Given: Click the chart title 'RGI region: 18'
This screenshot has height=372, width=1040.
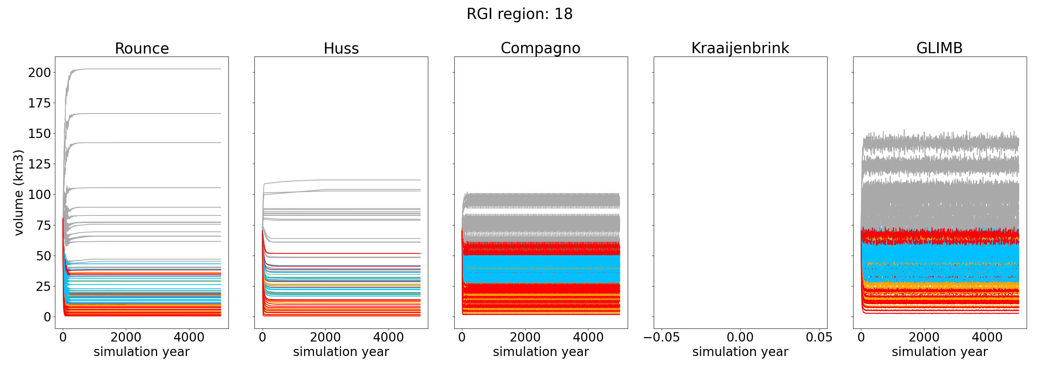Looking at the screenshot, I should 520,14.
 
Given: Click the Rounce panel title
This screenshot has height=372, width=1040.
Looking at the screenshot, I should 142,48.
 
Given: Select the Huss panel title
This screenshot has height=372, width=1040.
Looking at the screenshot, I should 341,48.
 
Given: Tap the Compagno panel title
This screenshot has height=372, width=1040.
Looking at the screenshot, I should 540,48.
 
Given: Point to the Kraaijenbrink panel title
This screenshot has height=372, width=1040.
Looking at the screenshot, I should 740,48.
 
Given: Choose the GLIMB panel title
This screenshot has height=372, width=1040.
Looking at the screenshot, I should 939,48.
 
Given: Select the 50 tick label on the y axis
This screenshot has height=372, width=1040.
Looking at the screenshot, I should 43,256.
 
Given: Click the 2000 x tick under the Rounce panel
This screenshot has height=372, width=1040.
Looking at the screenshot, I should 126,337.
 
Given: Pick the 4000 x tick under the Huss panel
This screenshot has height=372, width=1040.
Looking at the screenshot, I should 389,337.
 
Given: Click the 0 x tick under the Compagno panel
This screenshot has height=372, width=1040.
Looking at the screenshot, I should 462,337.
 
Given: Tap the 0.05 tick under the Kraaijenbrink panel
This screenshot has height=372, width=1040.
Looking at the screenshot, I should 819,337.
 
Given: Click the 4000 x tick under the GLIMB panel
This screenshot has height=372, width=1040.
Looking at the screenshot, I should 987,337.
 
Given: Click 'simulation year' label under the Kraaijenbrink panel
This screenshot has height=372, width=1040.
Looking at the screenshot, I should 740,352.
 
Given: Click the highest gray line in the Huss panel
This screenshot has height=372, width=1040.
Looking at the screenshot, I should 363,180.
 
